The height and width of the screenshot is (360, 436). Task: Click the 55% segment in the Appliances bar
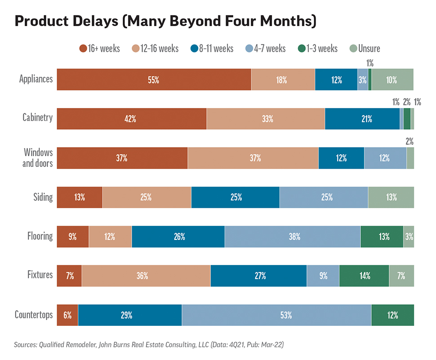(x=154, y=80)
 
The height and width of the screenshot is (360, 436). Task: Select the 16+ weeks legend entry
(x=99, y=48)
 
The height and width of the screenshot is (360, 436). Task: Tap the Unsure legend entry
(x=365, y=48)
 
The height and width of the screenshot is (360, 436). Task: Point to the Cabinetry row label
(x=38, y=118)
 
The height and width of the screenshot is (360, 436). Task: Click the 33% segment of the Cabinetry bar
(x=266, y=119)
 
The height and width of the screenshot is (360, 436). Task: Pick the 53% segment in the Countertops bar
(x=276, y=315)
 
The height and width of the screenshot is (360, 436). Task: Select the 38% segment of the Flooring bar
(x=292, y=237)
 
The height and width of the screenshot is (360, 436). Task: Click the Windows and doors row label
(x=38, y=157)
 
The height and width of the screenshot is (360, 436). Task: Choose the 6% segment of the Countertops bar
(x=67, y=315)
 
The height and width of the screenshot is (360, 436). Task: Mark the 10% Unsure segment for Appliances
(x=392, y=80)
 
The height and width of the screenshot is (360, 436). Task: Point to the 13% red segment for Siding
(x=80, y=197)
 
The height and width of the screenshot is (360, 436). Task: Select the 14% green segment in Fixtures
(x=364, y=276)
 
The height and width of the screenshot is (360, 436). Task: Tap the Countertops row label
(x=34, y=314)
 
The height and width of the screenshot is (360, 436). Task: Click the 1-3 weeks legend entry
(x=317, y=48)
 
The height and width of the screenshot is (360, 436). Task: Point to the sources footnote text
(x=149, y=345)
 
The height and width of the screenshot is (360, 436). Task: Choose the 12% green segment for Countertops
(x=392, y=315)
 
